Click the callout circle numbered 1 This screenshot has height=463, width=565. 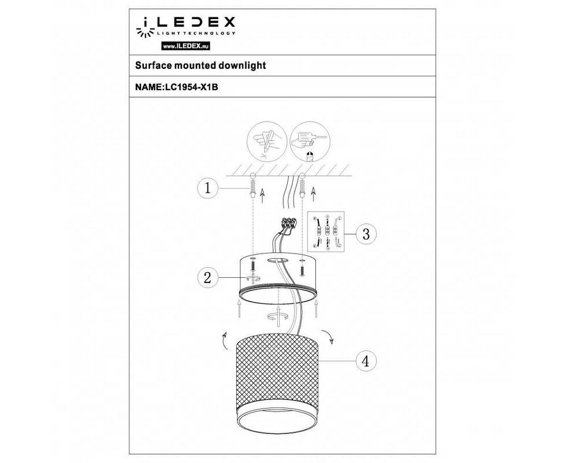point(207,188)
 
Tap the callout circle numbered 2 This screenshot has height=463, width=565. point(207,278)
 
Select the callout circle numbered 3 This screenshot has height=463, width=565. point(366,234)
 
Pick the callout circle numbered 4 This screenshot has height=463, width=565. point(366,361)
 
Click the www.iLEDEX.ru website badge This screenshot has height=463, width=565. point(185,46)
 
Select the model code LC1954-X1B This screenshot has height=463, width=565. point(191,87)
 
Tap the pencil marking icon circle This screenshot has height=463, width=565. point(266,141)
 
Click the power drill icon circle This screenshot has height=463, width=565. point(310,141)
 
